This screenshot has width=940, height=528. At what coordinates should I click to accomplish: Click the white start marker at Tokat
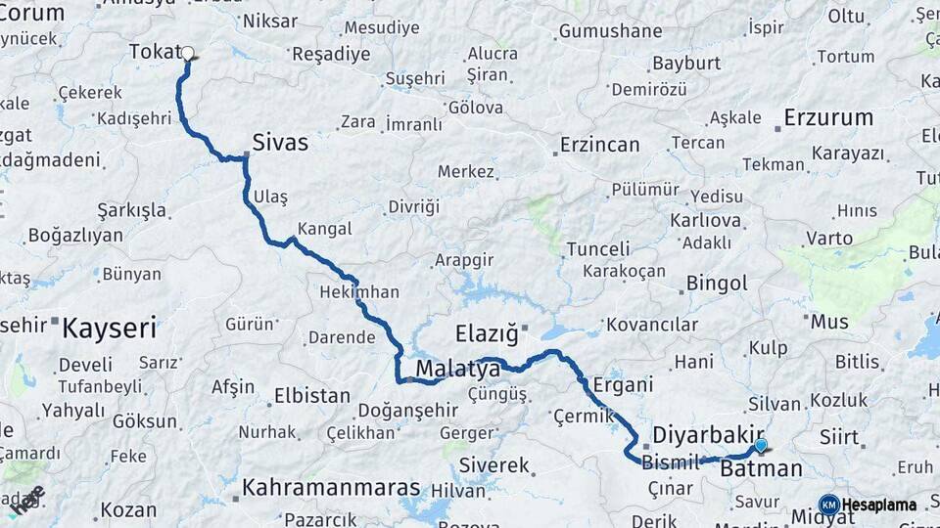point(187,54)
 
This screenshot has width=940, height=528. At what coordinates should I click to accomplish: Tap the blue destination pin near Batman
point(761,446)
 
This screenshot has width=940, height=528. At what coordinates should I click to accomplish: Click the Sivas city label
point(280,143)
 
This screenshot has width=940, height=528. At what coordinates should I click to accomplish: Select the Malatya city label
point(458,369)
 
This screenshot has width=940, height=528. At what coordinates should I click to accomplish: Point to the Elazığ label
point(487,333)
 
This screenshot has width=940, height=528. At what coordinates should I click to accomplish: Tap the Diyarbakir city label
point(708,434)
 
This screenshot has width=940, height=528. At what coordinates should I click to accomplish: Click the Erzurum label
point(828,118)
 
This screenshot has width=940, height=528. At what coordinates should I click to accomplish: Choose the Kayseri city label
point(109,328)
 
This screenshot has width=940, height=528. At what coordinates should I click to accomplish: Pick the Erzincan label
point(599,145)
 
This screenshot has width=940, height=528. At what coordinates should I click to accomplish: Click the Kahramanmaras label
point(331,487)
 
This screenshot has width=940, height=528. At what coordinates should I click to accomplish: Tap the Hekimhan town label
point(359,292)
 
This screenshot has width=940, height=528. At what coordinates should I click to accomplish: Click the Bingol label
point(717,284)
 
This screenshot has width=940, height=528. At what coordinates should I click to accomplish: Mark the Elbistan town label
point(311,396)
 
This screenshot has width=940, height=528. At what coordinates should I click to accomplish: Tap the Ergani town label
point(623,385)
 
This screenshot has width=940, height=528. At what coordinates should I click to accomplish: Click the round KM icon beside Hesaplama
point(828,505)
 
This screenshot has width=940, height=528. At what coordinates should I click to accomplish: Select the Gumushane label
point(610,31)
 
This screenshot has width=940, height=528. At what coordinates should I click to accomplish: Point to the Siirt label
point(839,437)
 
